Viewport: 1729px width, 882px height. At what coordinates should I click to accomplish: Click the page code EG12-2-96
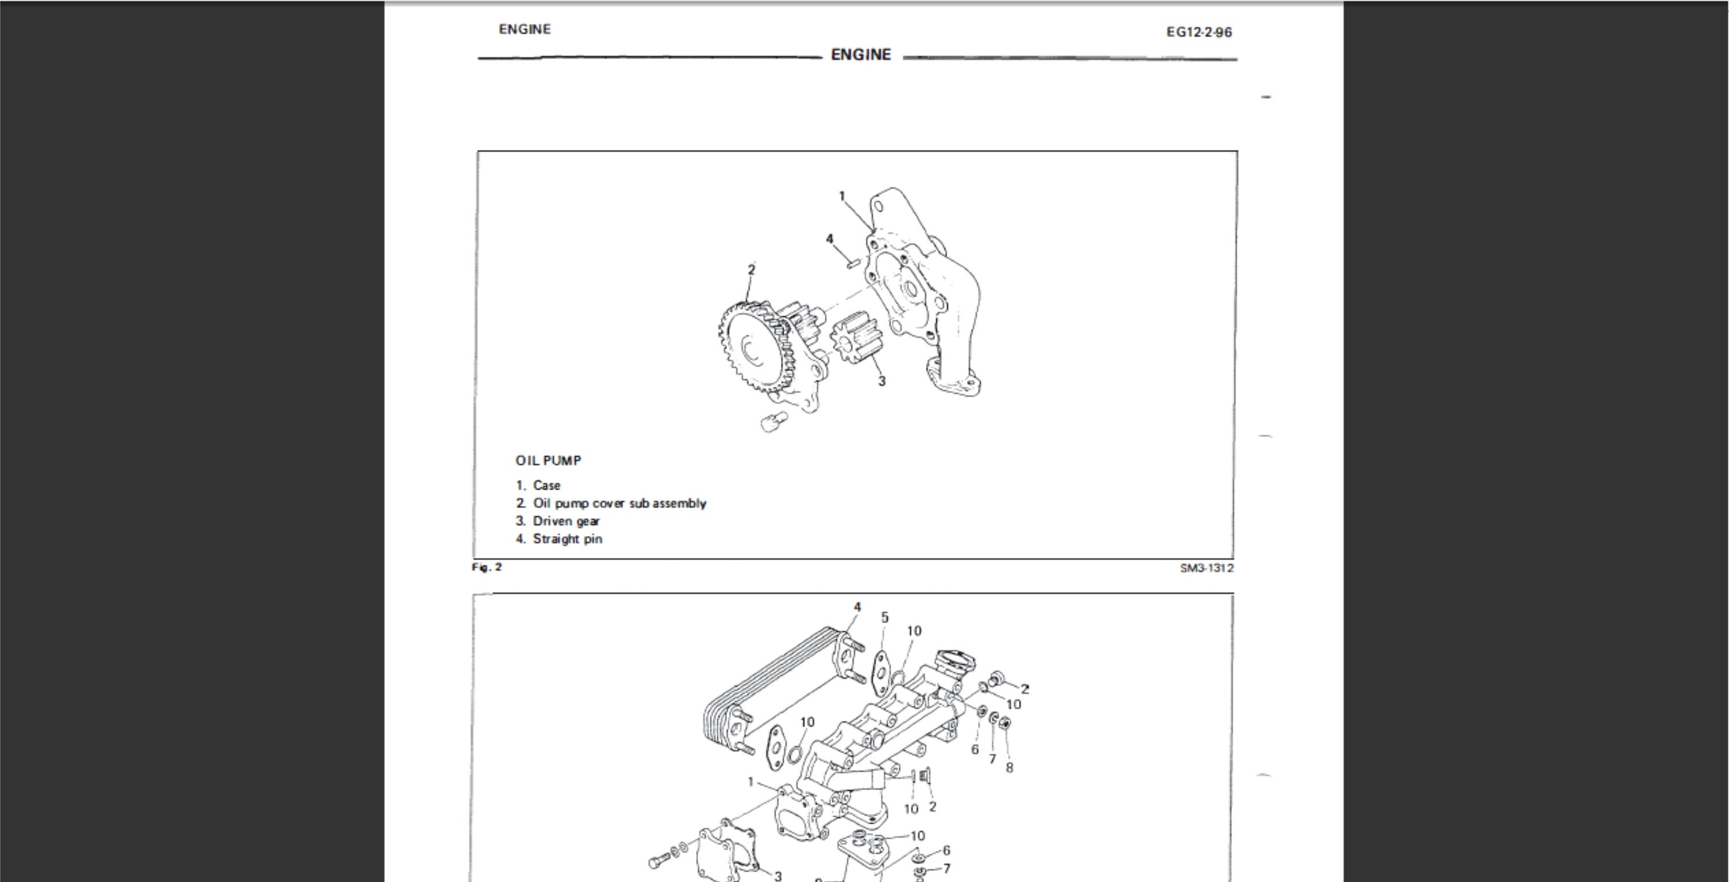[1199, 32]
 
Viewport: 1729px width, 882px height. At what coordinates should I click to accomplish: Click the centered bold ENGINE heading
[860, 55]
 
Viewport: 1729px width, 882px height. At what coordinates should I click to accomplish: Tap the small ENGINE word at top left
[524, 29]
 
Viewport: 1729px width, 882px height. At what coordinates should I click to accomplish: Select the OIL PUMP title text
[548, 461]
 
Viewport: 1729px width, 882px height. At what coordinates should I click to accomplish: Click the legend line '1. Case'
[538, 485]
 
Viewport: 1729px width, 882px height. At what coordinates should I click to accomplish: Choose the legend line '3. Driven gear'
[558, 521]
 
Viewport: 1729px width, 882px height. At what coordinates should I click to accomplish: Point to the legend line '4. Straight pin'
[559, 539]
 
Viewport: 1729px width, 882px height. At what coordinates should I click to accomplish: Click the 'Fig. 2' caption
[486, 567]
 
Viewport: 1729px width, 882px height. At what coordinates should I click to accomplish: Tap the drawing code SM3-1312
[1206, 568]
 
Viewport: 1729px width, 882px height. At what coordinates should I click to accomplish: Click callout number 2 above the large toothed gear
[751, 269]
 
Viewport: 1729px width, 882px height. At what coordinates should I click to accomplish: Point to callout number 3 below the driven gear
[881, 381]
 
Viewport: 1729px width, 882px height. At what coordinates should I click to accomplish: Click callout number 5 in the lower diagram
[885, 617]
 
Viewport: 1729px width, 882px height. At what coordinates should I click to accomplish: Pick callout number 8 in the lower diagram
[1009, 767]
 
